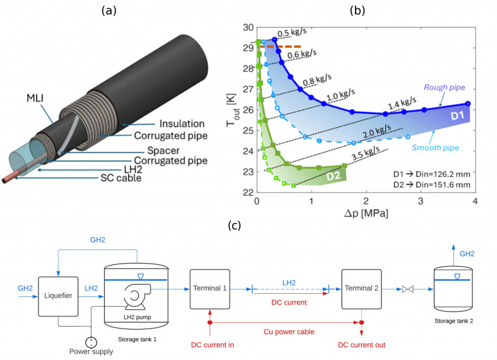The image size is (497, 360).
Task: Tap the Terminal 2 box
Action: click(362, 289)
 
